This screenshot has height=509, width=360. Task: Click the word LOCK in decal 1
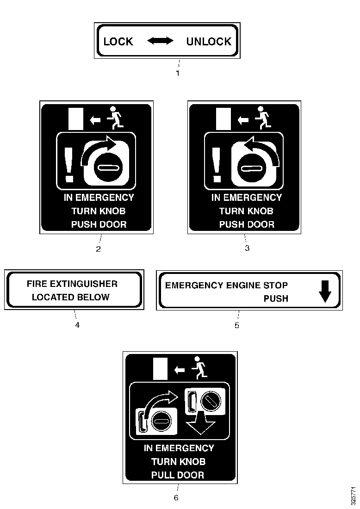click(118, 42)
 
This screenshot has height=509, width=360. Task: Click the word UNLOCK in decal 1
click(209, 42)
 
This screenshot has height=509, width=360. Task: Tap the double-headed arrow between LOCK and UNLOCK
click(160, 41)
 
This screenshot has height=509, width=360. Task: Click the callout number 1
click(178, 74)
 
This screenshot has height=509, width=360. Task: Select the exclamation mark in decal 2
click(69, 165)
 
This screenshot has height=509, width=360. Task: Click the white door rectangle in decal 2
click(76, 119)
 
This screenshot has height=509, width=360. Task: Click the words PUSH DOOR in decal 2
click(99, 224)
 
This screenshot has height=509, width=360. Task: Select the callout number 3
click(247, 248)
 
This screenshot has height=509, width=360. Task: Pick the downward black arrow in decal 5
click(325, 292)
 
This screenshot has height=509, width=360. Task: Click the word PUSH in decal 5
click(276, 298)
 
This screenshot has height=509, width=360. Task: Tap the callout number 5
click(237, 325)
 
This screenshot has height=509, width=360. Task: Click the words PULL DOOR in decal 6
click(178, 475)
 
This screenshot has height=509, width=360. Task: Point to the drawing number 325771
click(354, 495)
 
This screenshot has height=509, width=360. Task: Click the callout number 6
click(176, 497)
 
